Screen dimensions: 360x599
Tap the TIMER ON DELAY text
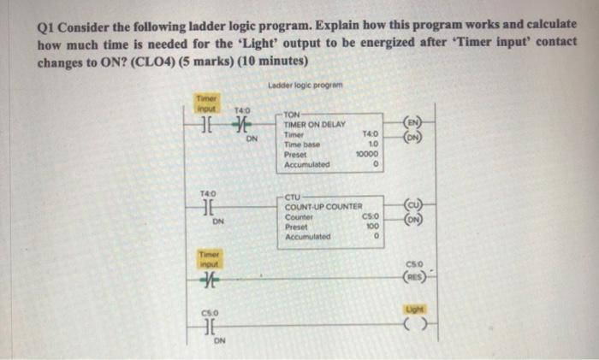click(314, 125)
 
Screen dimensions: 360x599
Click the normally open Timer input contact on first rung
click(207, 126)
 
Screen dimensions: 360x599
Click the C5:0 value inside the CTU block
click(371, 217)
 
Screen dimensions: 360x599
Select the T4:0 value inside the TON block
click(371, 134)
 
